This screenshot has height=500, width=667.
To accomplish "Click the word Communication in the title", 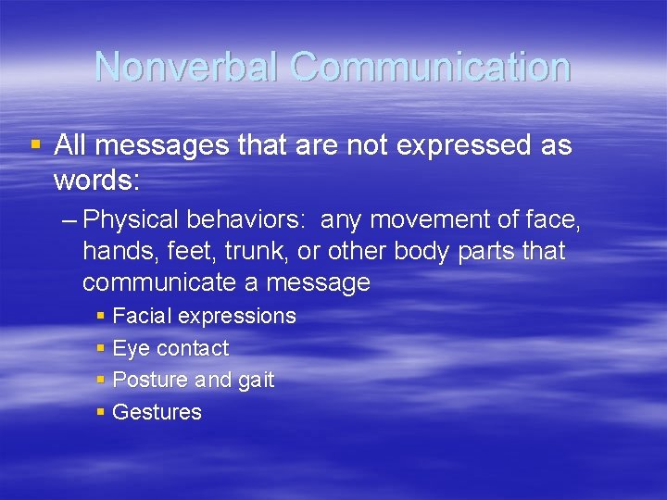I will coord(430,67).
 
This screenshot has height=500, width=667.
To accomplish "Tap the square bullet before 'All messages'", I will coord(36,144).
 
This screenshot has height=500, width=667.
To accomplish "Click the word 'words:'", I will coord(96,181).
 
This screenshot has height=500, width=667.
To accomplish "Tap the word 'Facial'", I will coord(141,316).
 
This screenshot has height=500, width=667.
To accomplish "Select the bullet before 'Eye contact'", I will coord(100,349).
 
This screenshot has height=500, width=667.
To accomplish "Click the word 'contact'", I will coord(193,348).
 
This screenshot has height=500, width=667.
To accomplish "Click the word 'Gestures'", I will coord(157,412).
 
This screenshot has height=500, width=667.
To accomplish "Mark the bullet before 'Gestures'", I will coord(100,412).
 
